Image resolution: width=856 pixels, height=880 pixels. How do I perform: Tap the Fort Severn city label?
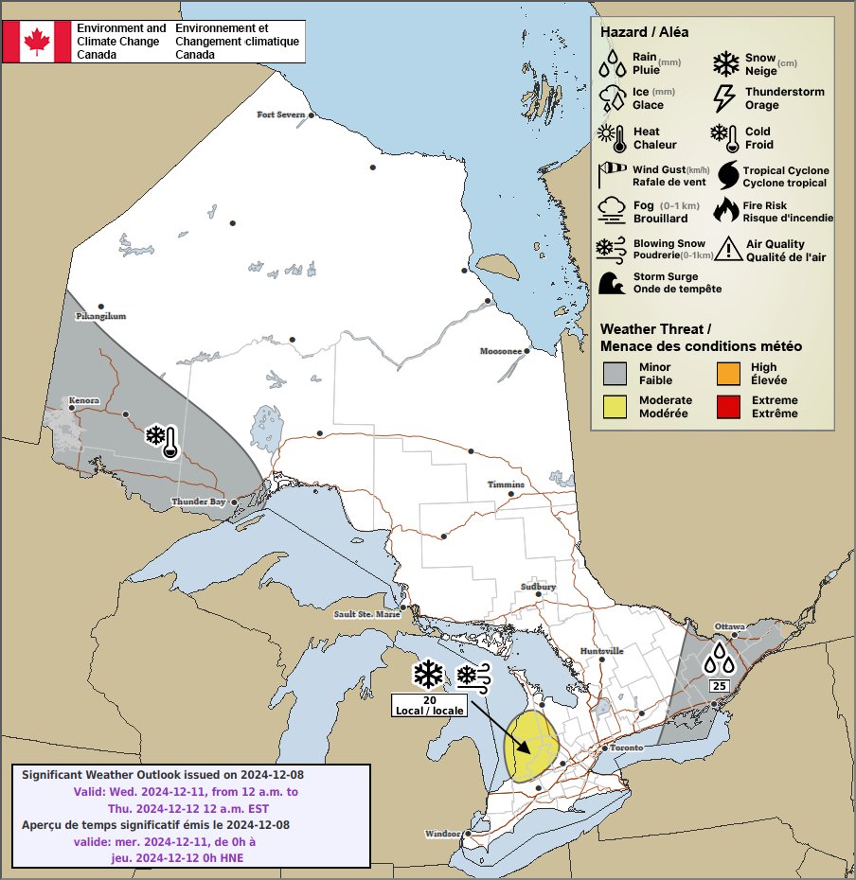[282, 114]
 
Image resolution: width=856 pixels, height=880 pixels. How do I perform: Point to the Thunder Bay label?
[198, 502]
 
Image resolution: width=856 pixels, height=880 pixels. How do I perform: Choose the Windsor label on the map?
[442, 834]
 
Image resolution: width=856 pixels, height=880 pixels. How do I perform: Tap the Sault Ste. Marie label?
[366, 614]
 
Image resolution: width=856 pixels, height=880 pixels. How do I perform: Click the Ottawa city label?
[730, 626]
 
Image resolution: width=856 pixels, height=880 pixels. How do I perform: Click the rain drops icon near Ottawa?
[719, 659]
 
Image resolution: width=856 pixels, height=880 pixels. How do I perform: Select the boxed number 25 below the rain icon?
[719, 685]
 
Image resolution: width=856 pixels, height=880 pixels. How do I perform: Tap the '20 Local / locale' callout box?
[429, 705]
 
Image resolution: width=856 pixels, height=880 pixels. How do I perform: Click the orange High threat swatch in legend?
[728, 374]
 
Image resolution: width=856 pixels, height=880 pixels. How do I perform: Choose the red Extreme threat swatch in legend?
[728, 407]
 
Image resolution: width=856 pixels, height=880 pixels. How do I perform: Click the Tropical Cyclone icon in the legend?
[728, 175]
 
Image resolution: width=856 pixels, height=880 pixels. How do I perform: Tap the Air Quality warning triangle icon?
[729, 249]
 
